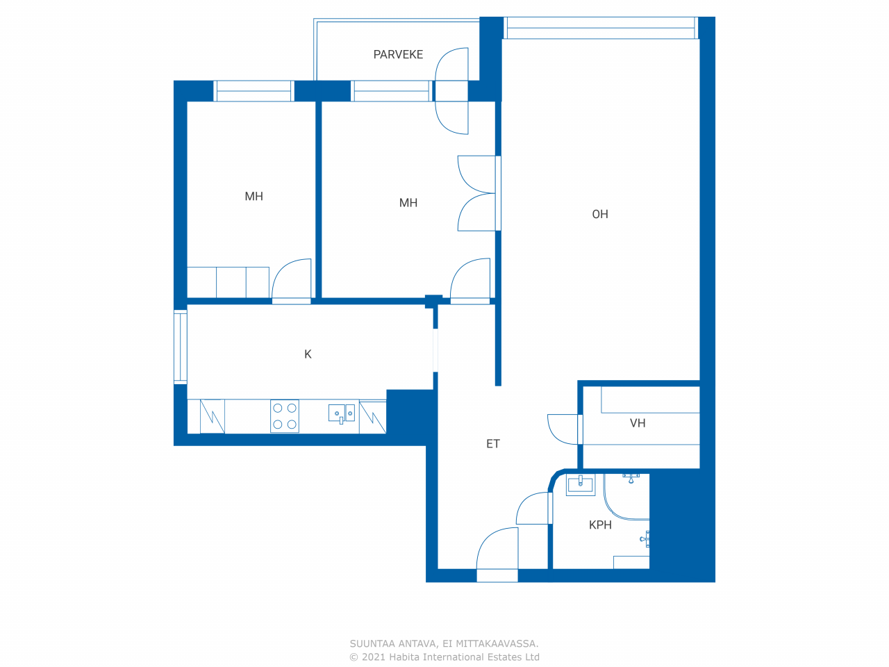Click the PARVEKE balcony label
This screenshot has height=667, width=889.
[x=398, y=55]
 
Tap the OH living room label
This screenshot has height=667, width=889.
[x=600, y=214]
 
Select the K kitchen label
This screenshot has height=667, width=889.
[x=308, y=354]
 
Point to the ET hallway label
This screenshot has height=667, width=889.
[x=493, y=444]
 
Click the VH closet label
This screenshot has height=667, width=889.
[x=638, y=423]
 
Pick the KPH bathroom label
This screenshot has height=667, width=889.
[x=600, y=525]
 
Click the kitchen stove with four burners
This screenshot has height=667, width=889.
[x=285, y=416]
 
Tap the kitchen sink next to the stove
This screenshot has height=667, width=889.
[x=342, y=414]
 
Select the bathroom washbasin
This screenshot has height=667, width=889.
[x=581, y=484]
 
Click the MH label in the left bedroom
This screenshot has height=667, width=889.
[x=254, y=197]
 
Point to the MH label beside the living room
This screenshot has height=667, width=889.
[x=408, y=203]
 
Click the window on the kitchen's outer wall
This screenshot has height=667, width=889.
[x=181, y=347]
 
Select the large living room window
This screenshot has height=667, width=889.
[x=601, y=28]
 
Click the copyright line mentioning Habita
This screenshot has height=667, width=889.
[x=444, y=657]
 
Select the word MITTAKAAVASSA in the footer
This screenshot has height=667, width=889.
[x=497, y=643]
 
